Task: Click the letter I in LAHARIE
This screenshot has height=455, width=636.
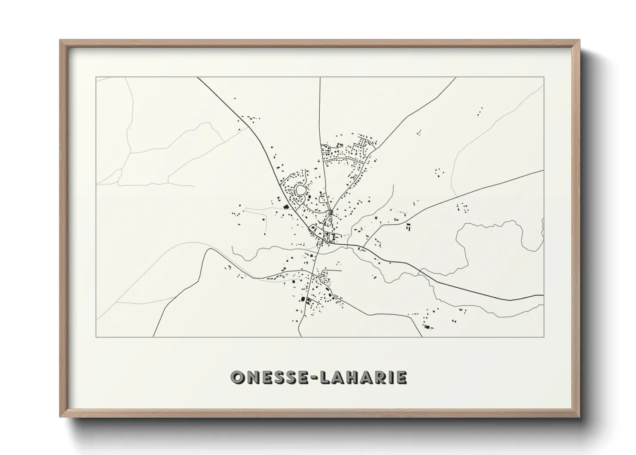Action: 392,378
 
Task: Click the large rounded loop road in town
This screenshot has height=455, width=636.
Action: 300,189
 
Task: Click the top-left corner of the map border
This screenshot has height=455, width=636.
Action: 96,77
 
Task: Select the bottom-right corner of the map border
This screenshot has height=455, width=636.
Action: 544,337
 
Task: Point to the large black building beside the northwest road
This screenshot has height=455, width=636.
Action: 286,208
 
